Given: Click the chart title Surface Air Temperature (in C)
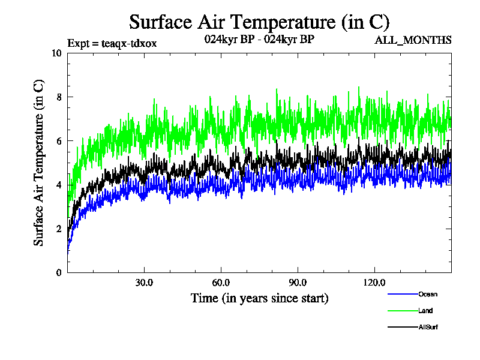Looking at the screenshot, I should [259, 22].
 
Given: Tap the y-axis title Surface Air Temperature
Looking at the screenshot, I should [38, 162].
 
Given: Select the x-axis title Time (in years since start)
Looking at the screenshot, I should [259, 298].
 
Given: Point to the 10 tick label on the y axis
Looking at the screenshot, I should [57, 53].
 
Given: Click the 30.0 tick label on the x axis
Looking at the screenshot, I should [144, 283].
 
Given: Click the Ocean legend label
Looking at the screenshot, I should [428, 294].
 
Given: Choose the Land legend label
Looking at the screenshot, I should [425, 311].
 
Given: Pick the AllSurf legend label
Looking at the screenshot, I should [428, 327].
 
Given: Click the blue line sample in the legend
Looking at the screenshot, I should [403, 294].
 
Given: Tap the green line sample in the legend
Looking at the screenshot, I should [403, 311].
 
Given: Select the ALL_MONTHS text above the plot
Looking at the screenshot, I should [413, 41].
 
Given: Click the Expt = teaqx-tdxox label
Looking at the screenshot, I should [112, 43].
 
